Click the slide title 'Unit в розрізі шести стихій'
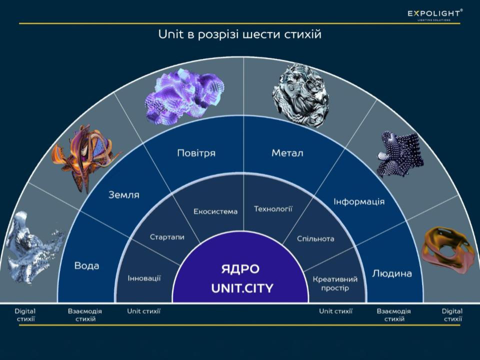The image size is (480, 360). (239, 35)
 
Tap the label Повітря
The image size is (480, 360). (196, 153)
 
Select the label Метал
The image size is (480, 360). (287, 153)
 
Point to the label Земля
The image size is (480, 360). (124, 195)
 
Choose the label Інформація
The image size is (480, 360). (359, 201)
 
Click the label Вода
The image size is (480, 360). (86, 265)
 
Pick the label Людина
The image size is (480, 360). (392, 273)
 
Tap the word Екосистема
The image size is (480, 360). (215, 211)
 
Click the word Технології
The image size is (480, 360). (273, 208)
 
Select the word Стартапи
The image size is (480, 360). (167, 236)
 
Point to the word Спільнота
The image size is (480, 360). (315, 238)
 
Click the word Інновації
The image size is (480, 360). (144, 278)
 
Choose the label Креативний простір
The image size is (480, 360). (335, 283)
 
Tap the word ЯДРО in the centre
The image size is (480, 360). (240, 269)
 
